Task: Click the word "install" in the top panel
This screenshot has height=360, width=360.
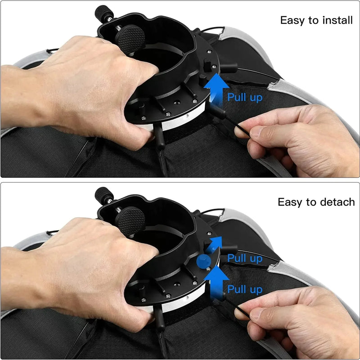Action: (x=337, y=20)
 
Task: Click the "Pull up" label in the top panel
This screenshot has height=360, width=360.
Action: (x=245, y=97)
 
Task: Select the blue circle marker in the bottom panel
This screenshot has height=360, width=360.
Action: (x=204, y=261)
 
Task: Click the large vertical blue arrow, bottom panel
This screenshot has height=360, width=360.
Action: (x=216, y=283)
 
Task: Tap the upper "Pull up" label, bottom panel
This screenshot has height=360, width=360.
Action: (x=245, y=258)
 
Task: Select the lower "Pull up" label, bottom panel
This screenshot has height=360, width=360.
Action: (x=245, y=289)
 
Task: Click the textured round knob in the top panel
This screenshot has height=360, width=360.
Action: (x=130, y=39)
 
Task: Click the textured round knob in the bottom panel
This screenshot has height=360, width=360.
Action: (x=130, y=221)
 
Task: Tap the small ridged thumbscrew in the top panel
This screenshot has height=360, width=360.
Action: (x=104, y=14)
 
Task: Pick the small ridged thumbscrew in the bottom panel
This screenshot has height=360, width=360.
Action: (x=104, y=196)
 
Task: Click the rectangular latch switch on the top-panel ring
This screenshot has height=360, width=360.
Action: (x=207, y=65)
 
